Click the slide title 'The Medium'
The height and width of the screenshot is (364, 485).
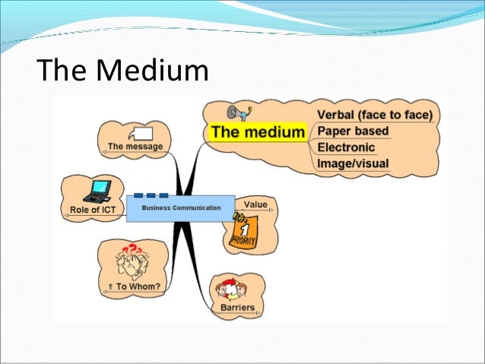tap(122, 73)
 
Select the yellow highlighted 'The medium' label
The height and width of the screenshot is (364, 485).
tap(258, 132)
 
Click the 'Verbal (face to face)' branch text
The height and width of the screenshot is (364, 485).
tap(375, 115)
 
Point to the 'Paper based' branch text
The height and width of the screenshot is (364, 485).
tap(353, 131)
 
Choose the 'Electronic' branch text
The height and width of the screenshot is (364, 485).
tap(346, 147)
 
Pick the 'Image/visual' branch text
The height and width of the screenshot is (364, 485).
tap(353, 163)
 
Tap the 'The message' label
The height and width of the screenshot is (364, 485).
tap(135, 147)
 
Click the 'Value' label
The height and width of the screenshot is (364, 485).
tap(255, 204)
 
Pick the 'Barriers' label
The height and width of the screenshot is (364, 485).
tap(236, 308)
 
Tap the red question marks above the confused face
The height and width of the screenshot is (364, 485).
tap(132, 248)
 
